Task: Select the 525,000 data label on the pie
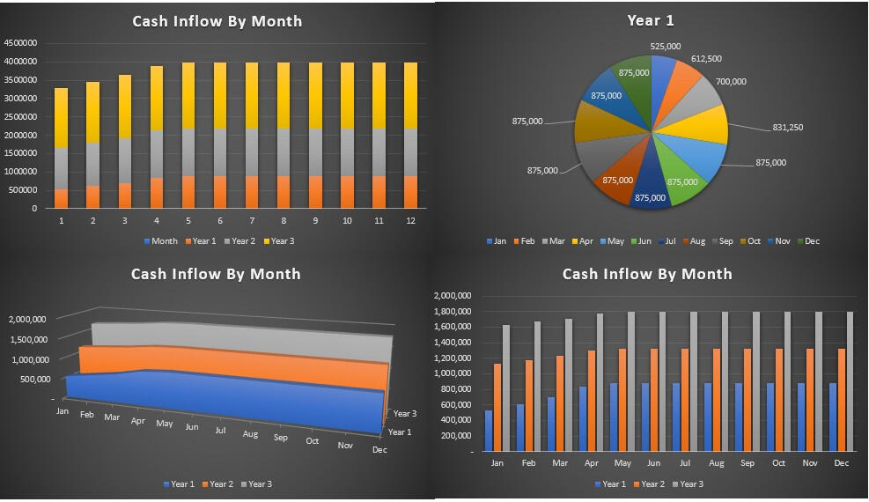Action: (x=665, y=46)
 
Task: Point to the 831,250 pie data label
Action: (x=788, y=128)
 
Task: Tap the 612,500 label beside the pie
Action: (x=706, y=59)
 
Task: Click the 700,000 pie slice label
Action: (x=731, y=82)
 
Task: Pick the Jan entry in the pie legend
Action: (x=495, y=241)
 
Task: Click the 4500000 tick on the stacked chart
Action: (x=20, y=43)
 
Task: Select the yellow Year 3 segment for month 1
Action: (x=61, y=118)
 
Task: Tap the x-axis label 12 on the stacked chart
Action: (x=409, y=221)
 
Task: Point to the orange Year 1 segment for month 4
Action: (x=156, y=193)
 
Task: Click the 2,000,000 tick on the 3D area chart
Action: (x=27, y=320)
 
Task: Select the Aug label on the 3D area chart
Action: (x=250, y=434)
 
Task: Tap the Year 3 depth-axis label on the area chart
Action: (x=405, y=413)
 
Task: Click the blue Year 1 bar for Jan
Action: (x=489, y=431)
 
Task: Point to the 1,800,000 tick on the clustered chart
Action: (x=454, y=312)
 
